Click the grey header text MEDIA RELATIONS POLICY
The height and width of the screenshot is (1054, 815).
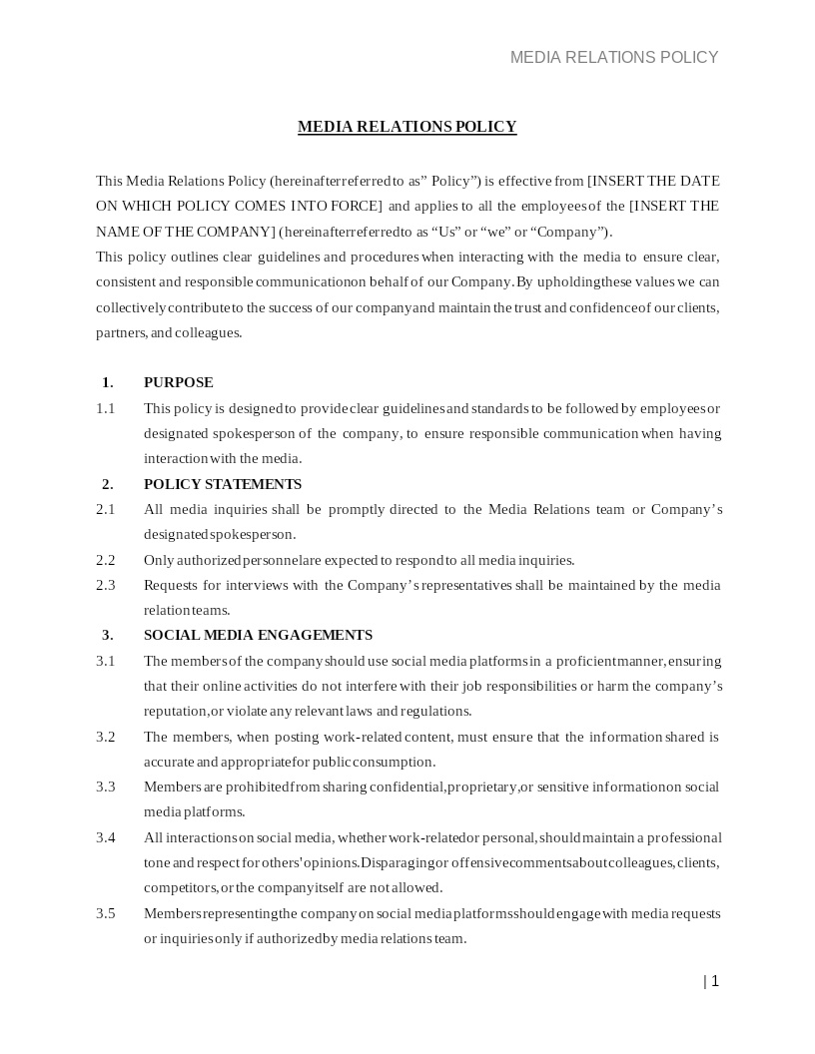pyautogui.click(x=614, y=58)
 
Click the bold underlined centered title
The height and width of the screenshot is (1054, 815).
pyautogui.click(x=407, y=127)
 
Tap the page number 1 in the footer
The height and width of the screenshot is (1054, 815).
pyautogui.click(x=714, y=981)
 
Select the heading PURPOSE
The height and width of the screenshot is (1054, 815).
pyautogui.click(x=178, y=382)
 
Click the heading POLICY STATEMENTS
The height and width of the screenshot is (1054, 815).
pyautogui.click(x=222, y=484)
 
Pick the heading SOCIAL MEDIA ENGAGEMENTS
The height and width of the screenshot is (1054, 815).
pyautogui.click(x=258, y=635)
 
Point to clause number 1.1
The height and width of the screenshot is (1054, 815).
pyautogui.click(x=105, y=408)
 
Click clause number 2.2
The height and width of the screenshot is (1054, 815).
pyautogui.click(x=105, y=560)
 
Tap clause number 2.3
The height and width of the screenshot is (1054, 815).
pyautogui.click(x=105, y=585)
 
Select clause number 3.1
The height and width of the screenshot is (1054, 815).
pyautogui.click(x=105, y=661)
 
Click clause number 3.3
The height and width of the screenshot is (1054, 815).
pyautogui.click(x=105, y=787)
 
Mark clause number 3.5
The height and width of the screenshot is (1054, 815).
pyautogui.click(x=105, y=913)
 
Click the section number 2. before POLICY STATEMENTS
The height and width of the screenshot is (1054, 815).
pyautogui.click(x=107, y=484)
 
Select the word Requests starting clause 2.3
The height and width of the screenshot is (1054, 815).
pyautogui.click(x=171, y=585)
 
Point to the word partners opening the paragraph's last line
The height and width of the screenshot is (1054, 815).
pyautogui.click(x=120, y=332)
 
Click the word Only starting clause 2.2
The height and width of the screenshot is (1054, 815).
pyautogui.click(x=158, y=560)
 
